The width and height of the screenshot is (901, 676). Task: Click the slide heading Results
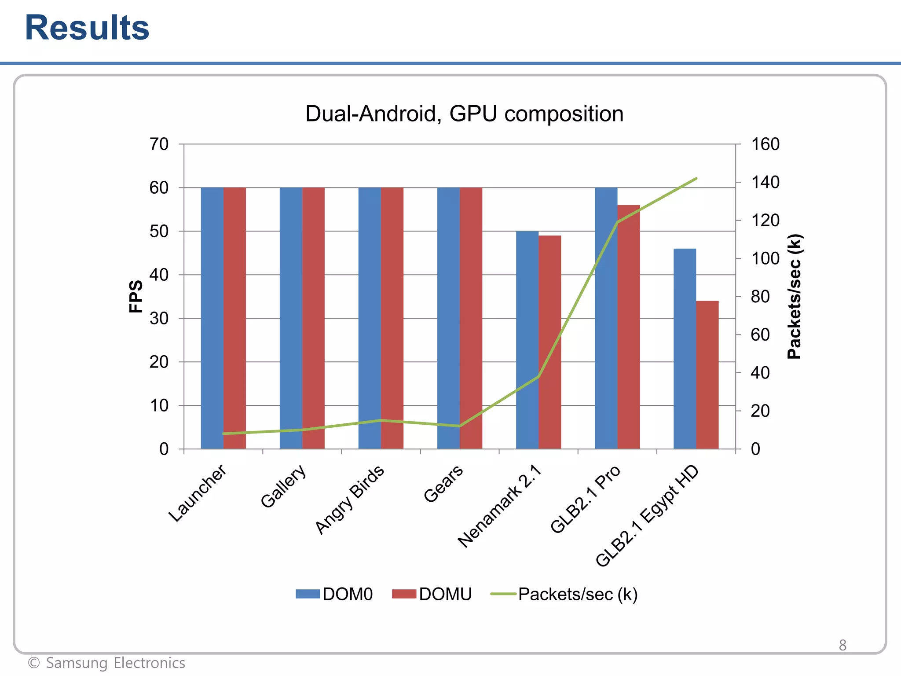87,28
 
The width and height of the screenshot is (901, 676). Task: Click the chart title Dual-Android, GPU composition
464,114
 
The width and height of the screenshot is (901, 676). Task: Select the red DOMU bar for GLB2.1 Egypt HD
707,374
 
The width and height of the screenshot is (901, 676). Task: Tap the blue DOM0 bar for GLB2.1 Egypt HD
685,348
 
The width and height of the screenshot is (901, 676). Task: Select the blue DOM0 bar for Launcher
212,317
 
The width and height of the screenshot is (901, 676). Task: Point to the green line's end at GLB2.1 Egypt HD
696,179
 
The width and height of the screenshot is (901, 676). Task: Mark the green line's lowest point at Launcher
223,434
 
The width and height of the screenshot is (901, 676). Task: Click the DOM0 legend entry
334,594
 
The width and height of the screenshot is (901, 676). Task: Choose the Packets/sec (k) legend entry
564,594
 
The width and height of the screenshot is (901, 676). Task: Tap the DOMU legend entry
432,594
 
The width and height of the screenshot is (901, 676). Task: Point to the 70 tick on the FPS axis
159,144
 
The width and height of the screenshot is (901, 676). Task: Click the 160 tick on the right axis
765,144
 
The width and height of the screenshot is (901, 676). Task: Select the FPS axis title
136,296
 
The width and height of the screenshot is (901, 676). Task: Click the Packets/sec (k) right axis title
795,296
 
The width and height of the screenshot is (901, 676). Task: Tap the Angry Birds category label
350,500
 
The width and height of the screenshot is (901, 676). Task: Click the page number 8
842,645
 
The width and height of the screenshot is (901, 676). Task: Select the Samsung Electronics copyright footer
106,663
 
